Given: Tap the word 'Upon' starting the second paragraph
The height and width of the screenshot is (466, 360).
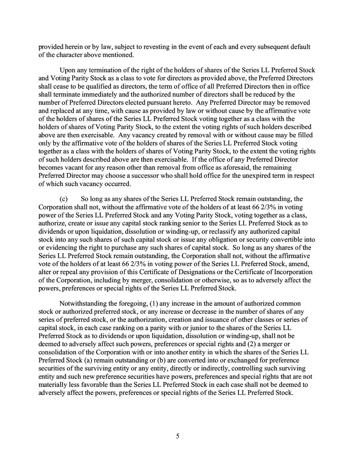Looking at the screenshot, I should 67,70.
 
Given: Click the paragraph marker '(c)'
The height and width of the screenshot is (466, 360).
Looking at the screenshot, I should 63,199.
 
